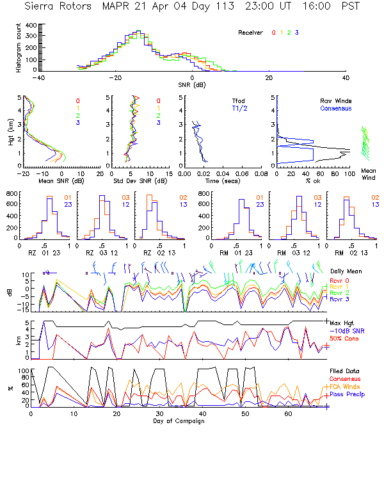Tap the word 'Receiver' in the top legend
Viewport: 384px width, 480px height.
pyautogui.click(x=250, y=32)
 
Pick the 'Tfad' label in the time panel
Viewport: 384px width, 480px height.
pyautogui.click(x=238, y=100)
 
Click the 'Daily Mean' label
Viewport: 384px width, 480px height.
pyautogui.click(x=345, y=271)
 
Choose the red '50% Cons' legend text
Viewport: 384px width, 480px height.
pyautogui.click(x=344, y=338)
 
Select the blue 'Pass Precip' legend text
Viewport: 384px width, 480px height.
pyautogui.click(x=346, y=395)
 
